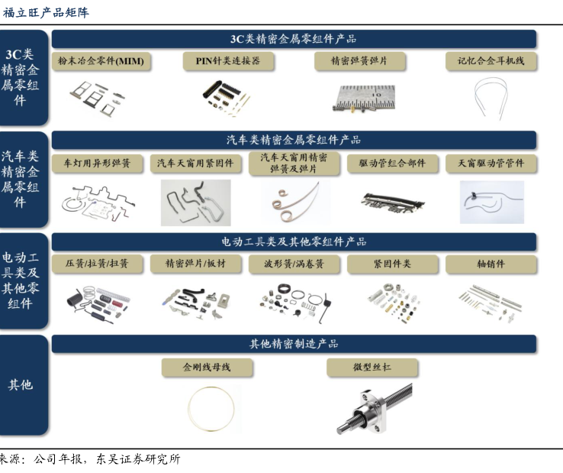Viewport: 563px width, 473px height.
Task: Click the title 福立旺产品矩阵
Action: coord(46,12)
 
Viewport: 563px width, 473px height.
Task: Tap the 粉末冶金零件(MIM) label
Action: coord(101,61)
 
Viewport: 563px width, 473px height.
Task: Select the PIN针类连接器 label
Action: coord(228,61)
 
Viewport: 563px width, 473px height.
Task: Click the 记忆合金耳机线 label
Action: coord(491,61)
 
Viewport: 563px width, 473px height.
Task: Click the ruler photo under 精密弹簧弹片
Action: coord(364,98)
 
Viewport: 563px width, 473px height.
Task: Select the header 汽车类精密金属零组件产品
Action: coord(294,140)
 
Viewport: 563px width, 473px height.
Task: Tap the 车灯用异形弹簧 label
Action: coord(97,164)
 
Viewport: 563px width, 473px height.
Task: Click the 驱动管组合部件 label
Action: coord(392,164)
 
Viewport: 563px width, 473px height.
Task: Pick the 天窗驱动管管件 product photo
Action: coord(492,202)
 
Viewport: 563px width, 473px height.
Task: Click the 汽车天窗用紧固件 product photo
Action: coord(196,202)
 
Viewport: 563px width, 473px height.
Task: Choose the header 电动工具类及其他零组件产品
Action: coord(294,241)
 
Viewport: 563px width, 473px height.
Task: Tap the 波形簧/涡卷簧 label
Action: coord(294,264)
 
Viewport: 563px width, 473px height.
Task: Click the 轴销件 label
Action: coord(491,264)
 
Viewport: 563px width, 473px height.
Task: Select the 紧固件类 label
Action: coord(392,264)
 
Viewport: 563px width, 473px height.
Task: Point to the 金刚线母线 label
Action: coord(207,368)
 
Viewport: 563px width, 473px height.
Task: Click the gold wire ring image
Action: coord(188,409)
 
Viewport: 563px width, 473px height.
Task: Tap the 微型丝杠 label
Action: coord(372,368)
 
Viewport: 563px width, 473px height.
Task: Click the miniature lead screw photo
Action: coord(375,409)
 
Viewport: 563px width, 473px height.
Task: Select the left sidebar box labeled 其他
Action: coord(24,385)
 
